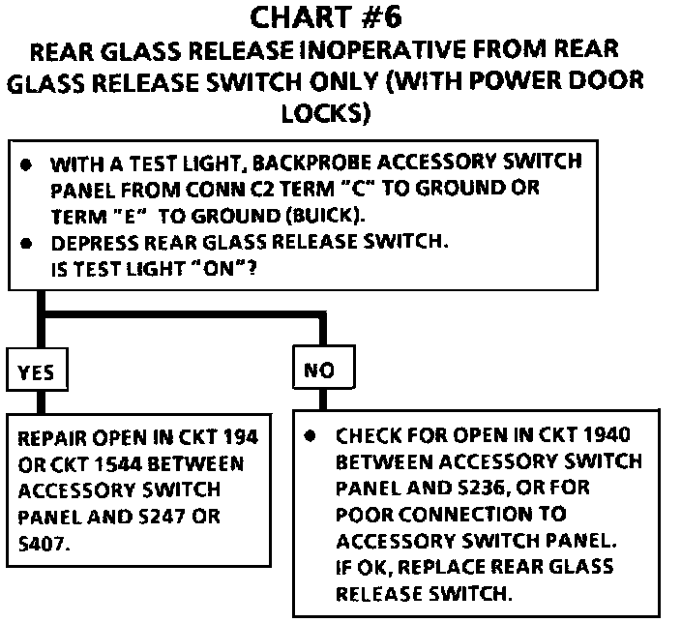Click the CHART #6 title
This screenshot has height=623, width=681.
click(340, 16)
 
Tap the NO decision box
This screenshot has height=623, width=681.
click(322, 371)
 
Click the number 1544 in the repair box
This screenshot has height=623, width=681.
click(100, 464)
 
